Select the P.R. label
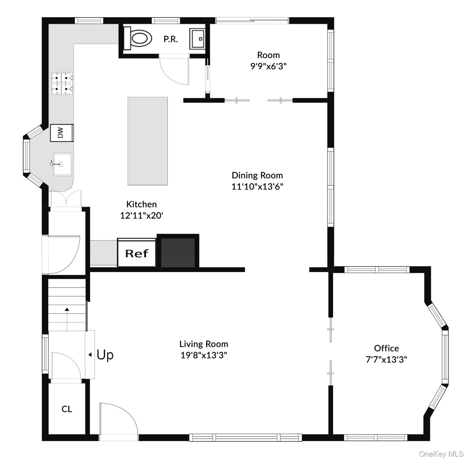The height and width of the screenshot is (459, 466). [x=171, y=39]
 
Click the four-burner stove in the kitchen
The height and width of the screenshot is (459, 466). [x=62, y=84]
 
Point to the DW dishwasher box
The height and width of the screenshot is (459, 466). [x=62, y=133]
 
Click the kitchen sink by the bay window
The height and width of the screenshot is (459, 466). [x=62, y=164]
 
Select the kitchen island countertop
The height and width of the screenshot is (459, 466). [x=148, y=141]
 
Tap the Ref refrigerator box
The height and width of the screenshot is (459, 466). [x=137, y=253]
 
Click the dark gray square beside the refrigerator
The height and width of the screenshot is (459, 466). [x=178, y=252]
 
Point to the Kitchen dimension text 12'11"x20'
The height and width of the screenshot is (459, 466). [x=142, y=215]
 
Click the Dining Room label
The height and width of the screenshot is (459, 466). [x=257, y=175]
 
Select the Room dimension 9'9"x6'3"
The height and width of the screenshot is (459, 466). [x=268, y=66]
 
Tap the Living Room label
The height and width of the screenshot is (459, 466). [x=204, y=344]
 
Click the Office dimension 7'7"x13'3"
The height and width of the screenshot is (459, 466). [x=386, y=359]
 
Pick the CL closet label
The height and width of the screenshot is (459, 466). [x=67, y=409]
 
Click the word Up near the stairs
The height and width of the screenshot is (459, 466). [x=105, y=355]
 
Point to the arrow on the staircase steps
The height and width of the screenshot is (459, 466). [x=67, y=319]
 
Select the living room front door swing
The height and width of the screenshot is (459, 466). [x=119, y=418]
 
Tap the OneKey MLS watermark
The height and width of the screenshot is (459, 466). [x=441, y=454]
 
